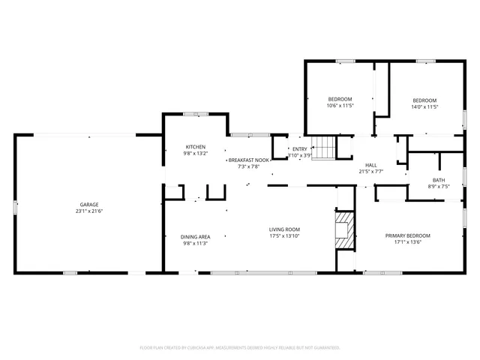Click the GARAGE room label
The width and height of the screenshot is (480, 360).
(x=89, y=204)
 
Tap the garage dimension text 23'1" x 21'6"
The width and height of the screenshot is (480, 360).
(x=89, y=211)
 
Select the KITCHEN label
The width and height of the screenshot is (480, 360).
(x=196, y=146)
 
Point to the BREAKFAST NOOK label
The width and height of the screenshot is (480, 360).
(x=249, y=160)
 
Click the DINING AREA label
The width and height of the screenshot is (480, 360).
(x=195, y=236)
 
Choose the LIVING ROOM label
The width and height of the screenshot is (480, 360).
(x=285, y=229)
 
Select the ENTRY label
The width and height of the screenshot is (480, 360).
(x=299, y=148)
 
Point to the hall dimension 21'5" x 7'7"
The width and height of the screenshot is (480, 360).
(x=370, y=172)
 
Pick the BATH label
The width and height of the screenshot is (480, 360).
(x=438, y=179)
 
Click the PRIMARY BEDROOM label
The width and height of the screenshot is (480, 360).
(x=408, y=235)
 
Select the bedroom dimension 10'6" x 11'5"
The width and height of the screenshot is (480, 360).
(x=340, y=106)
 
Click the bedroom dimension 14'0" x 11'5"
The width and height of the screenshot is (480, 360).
(x=424, y=107)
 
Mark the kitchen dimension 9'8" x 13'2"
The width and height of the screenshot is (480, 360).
(x=196, y=154)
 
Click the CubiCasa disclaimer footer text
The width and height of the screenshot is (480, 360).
(x=240, y=348)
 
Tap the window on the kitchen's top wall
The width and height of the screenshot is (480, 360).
(x=196, y=114)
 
